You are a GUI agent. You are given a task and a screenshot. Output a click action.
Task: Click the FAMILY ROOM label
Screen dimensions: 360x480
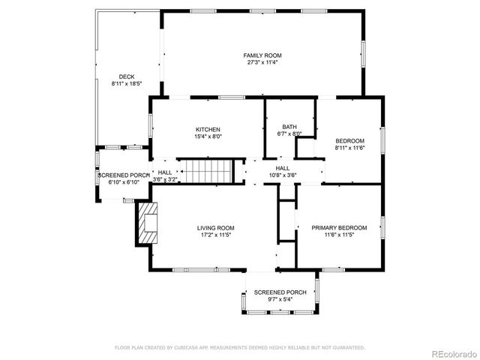261,55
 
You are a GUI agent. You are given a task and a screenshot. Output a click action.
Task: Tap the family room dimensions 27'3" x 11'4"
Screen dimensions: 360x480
261,63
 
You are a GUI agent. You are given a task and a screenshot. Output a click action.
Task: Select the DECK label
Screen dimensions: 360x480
126,76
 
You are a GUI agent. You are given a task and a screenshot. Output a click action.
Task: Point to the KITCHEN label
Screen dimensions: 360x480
208,129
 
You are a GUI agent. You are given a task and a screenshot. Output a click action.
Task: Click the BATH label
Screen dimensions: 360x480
289,127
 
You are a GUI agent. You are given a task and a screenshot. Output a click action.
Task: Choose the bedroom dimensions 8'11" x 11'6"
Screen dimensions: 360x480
349,148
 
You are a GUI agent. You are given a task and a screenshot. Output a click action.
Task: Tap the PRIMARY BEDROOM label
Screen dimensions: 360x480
340,227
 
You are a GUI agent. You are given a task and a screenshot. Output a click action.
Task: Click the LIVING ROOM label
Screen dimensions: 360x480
216,227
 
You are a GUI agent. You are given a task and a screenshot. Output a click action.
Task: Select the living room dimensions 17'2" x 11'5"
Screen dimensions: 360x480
216,235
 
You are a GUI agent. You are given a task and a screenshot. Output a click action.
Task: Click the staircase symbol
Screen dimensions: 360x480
205,171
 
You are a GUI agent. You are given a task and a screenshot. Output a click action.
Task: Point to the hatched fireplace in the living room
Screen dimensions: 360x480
147,222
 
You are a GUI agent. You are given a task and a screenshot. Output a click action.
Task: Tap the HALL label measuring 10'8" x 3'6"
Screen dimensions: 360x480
283,168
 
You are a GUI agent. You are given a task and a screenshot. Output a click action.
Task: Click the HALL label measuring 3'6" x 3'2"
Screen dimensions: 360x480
165,172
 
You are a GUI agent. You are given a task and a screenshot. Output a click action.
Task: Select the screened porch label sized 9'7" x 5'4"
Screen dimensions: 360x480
280,292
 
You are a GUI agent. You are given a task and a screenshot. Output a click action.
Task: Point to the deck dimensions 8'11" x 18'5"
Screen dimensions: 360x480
126,84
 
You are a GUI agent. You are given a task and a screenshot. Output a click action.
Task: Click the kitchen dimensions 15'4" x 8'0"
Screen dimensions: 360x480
208,136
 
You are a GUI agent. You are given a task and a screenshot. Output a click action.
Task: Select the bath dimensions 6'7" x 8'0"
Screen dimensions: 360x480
289,134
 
